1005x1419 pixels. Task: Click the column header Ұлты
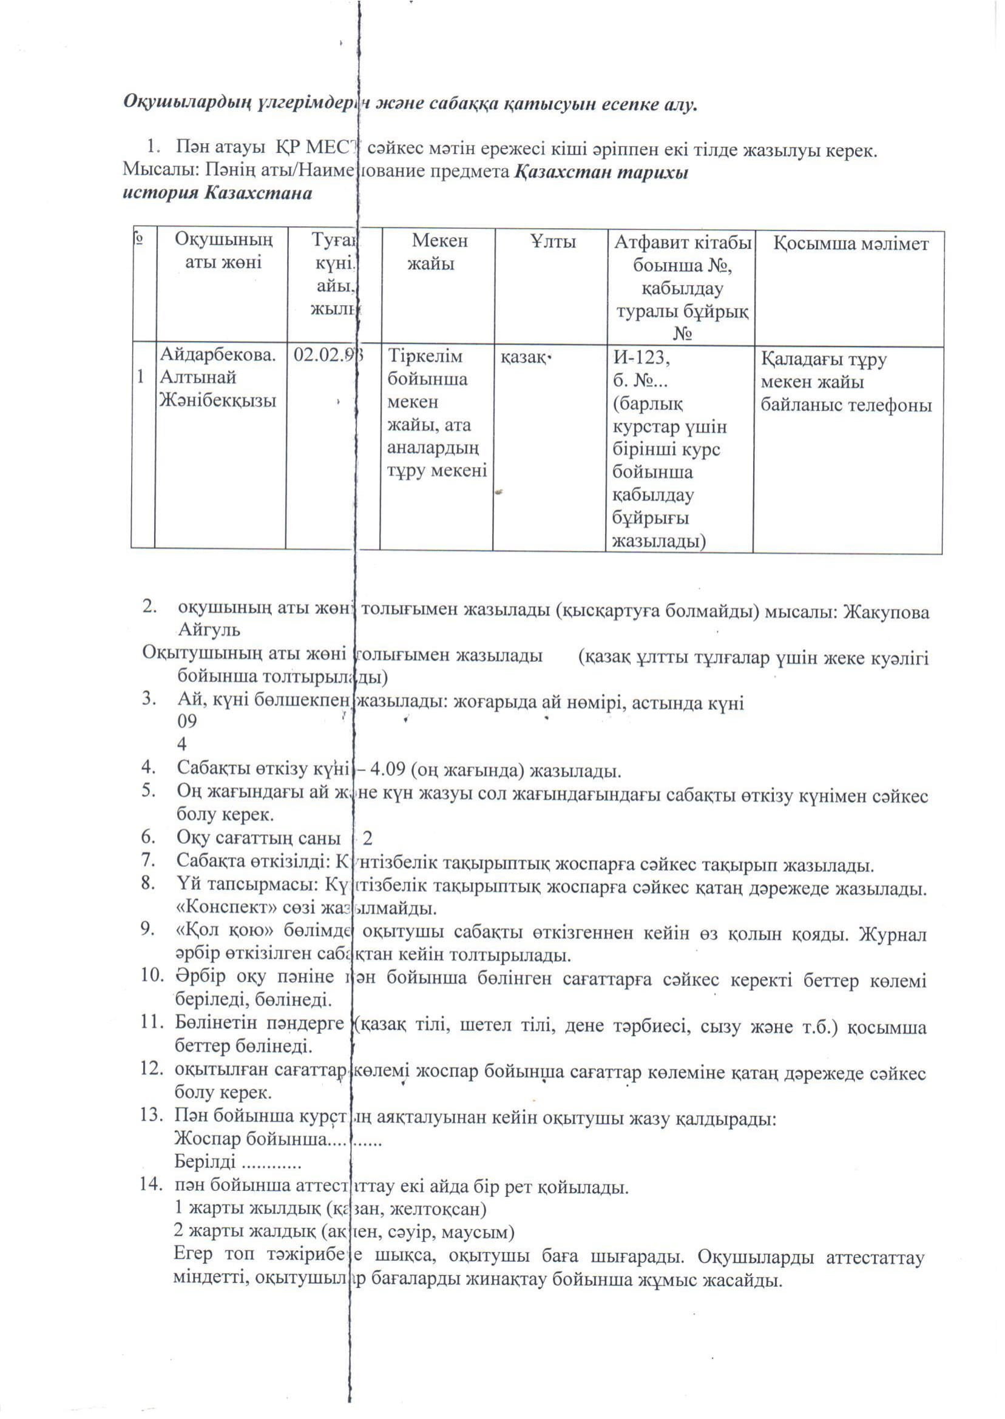tap(553, 241)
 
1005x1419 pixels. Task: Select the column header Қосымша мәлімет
tap(851, 244)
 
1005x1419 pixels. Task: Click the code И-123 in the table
tap(640, 357)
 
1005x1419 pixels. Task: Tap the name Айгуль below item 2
tap(209, 630)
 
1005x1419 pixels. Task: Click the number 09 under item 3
tap(186, 721)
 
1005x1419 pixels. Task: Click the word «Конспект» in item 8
tap(214, 909)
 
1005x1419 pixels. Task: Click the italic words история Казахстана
tap(217, 193)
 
